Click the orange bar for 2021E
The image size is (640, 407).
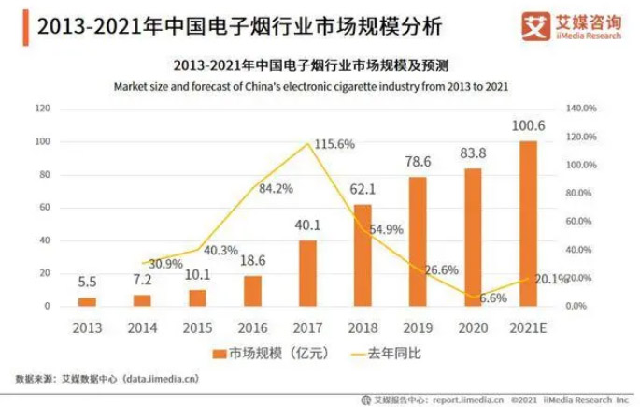tap(528, 224)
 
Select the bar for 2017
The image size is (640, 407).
tap(307, 272)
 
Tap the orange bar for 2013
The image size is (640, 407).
tap(87, 300)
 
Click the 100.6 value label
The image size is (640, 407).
tap(528, 126)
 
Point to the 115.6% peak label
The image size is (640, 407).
tap(334, 144)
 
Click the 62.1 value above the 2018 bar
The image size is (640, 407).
tap(363, 189)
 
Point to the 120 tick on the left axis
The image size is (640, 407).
tap(42, 109)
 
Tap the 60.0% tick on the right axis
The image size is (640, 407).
tap(579, 222)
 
